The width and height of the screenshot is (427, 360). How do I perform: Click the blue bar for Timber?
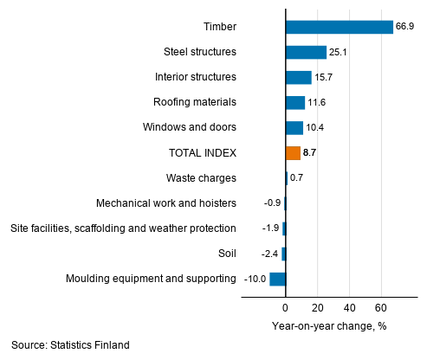point(339,27)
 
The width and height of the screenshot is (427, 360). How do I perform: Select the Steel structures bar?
point(306,52)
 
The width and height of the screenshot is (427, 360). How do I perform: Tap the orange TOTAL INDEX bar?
point(293,153)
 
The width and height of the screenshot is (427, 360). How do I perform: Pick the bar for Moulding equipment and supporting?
point(277,279)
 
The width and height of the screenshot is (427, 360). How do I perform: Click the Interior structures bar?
point(298,77)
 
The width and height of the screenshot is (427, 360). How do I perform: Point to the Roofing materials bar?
point(294,103)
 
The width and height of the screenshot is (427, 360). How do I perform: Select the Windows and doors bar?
point(294,128)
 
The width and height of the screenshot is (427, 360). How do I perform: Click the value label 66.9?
point(405,27)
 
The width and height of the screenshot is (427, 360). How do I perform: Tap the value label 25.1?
point(339,53)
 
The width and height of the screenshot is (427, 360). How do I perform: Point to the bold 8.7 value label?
point(310,153)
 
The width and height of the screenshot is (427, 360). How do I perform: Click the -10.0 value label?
point(255,279)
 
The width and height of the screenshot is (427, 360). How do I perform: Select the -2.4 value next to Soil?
point(268,254)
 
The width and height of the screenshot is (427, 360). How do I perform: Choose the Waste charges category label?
point(201,178)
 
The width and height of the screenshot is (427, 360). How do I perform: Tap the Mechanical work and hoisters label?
point(166,203)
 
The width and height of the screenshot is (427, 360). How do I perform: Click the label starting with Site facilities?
point(123,228)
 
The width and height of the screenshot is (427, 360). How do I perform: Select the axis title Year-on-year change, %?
point(328,325)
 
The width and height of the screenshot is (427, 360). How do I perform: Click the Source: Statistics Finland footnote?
point(70,345)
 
